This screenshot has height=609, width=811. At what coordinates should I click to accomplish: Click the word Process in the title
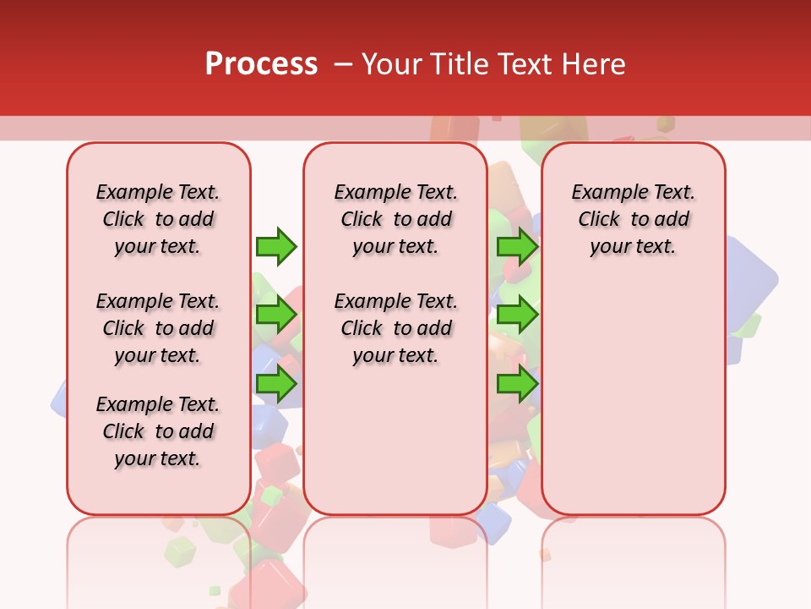click(261, 63)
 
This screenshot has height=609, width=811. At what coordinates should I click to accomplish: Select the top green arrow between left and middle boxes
click(276, 246)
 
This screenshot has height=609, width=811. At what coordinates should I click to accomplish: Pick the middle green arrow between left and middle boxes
click(276, 315)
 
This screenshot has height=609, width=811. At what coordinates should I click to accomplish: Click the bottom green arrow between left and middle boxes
click(276, 384)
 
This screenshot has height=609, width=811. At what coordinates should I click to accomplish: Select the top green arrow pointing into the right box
click(517, 246)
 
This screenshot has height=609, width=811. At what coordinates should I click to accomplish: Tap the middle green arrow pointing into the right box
click(517, 315)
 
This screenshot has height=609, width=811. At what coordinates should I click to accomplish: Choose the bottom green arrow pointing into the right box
click(517, 384)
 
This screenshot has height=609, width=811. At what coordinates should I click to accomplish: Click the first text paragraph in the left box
click(158, 219)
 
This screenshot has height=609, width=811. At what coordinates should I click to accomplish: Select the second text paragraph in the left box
click(158, 328)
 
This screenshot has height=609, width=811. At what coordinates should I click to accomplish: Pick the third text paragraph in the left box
click(158, 431)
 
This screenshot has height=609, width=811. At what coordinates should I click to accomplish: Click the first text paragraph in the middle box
click(395, 219)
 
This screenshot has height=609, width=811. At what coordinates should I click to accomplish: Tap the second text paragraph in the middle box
click(395, 328)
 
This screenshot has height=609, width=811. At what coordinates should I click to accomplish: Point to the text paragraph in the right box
click(633, 219)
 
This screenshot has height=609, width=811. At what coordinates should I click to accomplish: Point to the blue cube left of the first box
click(59, 398)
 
